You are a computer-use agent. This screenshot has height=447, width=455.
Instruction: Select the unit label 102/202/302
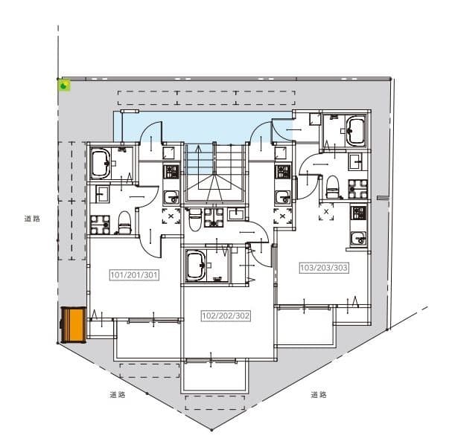[226, 316]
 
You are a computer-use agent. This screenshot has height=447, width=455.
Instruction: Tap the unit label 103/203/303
[324, 268]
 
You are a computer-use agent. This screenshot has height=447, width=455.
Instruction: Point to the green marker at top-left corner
[66, 86]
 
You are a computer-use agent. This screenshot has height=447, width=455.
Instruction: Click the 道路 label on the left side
[31, 219]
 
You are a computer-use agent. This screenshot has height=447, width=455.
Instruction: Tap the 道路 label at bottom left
[117, 395]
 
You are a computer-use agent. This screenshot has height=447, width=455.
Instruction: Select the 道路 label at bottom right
[319, 395]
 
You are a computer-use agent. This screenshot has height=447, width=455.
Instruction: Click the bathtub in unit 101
[101, 163]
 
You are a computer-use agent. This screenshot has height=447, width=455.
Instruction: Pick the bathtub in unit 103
[354, 132]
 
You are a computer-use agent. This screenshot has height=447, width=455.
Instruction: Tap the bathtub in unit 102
[196, 265]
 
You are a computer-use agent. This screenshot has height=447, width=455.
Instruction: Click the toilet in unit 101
[124, 221]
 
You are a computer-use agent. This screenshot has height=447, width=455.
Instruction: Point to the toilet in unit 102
[195, 218]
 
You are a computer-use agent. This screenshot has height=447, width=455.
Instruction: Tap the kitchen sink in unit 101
[171, 196]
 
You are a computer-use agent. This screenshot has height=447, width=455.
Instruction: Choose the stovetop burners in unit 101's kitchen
[171, 172]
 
